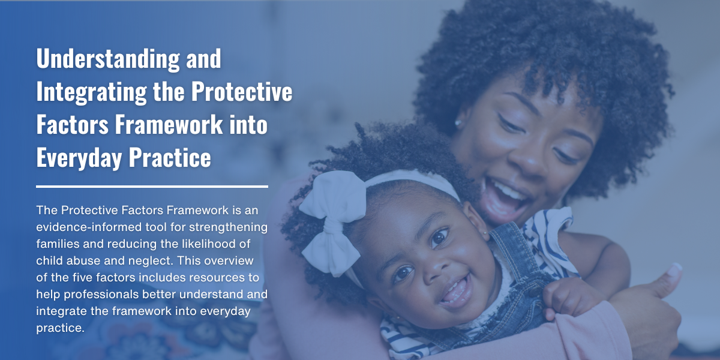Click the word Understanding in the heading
click(x=108, y=59)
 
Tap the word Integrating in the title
click(x=92, y=92)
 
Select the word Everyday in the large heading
click(x=79, y=158)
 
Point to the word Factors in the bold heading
click(x=73, y=124)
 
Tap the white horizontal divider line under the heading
click(x=152, y=187)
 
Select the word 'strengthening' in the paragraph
click(x=228, y=227)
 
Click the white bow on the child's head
click(x=332, y=222)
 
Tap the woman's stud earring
click(x=458, y=123)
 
